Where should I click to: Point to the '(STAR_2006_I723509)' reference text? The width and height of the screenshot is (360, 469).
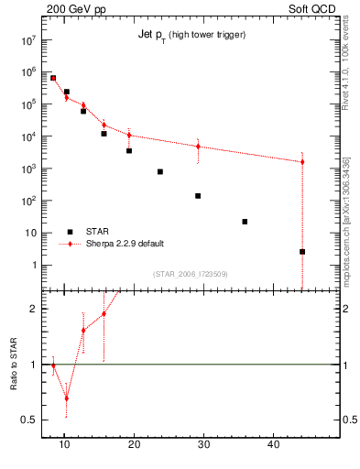(190, 273)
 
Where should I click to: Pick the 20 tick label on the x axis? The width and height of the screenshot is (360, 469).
(134, 444)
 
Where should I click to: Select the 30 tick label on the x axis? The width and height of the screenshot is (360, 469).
(203, 444)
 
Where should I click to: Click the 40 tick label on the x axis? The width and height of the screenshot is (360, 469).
(273, 444)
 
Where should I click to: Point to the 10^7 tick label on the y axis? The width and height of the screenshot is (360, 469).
(28, 40)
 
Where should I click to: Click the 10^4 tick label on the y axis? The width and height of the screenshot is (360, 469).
(28, 136)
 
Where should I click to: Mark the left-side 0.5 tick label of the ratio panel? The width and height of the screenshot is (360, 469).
(27, 420)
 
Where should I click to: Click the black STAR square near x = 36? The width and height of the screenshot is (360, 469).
(245, 222)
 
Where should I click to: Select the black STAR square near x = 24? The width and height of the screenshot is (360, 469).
(159, 171)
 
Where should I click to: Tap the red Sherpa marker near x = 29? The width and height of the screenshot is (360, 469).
(198, 147)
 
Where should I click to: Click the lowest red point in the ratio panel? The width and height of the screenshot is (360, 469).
(66, 398)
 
